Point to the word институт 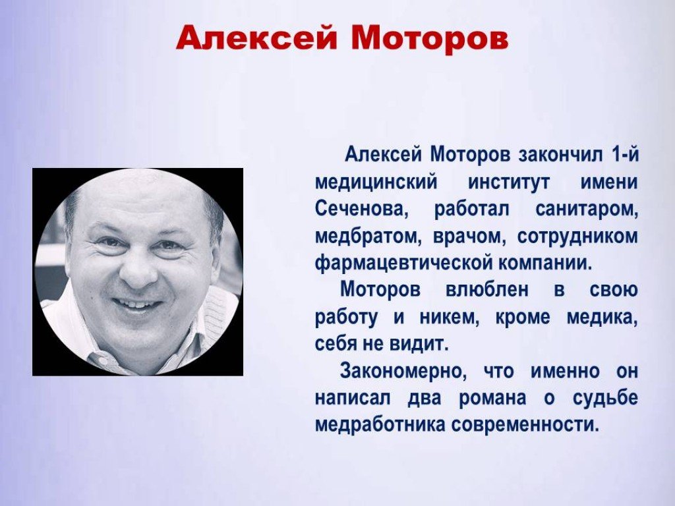509,183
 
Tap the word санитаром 586,210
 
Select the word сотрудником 577,237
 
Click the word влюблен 486,290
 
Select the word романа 492,399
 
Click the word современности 525,425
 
